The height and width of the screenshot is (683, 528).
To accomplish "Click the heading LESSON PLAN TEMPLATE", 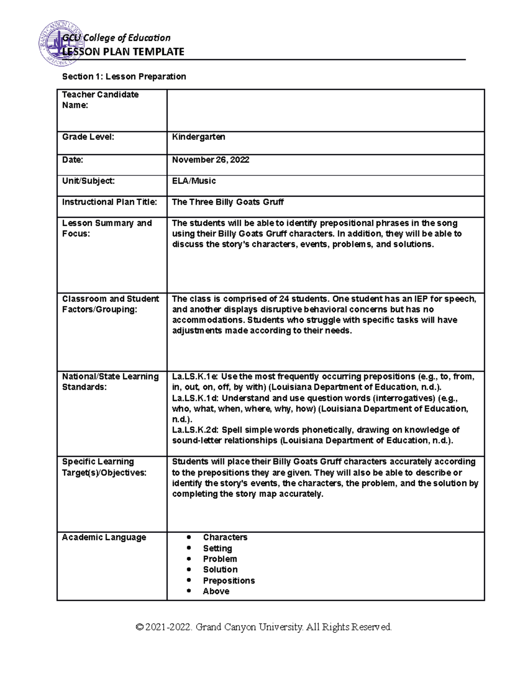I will tap(123, 52).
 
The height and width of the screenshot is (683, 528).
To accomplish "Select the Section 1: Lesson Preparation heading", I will tap(124, 77).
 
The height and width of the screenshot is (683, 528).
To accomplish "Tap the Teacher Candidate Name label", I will tap(100, 100).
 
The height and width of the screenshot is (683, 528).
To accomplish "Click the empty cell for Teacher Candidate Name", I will tap(326, 110).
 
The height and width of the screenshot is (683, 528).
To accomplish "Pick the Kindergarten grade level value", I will tap(198, 137).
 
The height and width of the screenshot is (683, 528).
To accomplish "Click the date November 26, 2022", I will tap(210, 160).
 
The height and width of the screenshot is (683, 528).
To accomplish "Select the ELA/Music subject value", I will tap(194, 181).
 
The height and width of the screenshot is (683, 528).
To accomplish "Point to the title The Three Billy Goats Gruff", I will tap(227, 202).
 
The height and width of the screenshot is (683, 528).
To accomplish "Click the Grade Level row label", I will tap(88, 137).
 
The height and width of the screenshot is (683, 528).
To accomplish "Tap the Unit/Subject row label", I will tap(88, 181).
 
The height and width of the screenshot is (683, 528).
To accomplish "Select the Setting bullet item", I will tap(217, 548).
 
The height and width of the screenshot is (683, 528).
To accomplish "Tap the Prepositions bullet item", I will tap(229, 581).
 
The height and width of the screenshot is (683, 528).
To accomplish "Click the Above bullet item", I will tap(216, 591).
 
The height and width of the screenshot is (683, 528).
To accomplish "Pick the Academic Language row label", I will tap(104, 537).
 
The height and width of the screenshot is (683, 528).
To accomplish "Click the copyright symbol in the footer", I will tap(140, 627).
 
